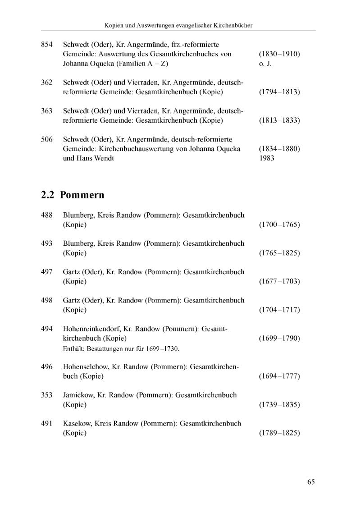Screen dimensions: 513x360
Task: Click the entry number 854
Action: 47,45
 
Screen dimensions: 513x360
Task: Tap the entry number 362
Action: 47,82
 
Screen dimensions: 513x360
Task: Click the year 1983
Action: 267,158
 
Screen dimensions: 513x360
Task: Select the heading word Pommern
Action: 82,195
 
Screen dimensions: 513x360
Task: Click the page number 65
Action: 311,482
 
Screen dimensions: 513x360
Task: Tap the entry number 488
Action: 47,215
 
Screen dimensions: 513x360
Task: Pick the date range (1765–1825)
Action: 279,253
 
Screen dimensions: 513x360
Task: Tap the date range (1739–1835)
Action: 279,404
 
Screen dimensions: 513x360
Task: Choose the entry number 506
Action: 47,139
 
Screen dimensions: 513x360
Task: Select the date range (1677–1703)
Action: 279,281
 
